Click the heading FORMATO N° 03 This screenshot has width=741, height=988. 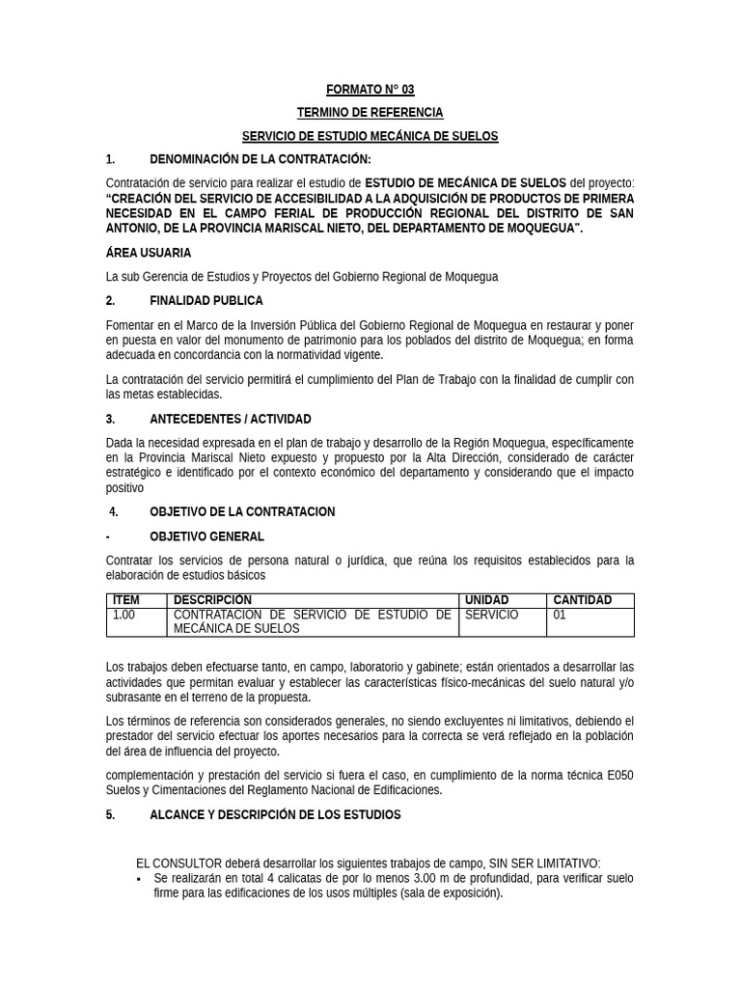point(370,90)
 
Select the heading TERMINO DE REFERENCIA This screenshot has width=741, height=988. point(370,113)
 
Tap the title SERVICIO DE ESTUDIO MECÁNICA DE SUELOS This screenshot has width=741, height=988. point(370,136)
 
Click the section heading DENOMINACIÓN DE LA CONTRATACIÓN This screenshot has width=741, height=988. point(260,159)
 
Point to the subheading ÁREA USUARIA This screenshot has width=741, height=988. point(149,253)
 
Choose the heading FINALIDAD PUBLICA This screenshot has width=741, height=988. point(206,301)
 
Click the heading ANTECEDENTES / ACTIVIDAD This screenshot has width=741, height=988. point(230,419)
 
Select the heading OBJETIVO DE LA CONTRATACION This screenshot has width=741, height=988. point(242,511)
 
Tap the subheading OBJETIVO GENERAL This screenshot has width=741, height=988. point(206,536)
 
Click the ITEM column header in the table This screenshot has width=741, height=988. point(126,600)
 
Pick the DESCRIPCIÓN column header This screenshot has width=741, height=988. point(212,600)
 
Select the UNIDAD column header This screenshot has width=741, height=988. point(486,600)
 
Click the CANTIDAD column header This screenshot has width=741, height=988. point(582,600)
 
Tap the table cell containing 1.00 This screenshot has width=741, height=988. point(124,615)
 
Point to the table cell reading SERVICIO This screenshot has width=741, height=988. point(491,615)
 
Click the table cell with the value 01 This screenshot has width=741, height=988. point(560,615)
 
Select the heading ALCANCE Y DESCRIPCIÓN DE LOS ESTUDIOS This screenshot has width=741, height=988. point(275,814)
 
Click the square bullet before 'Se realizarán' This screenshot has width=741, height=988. point(139,879)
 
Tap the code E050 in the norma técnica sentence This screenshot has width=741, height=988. point(617,775)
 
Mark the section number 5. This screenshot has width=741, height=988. point(110,814)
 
